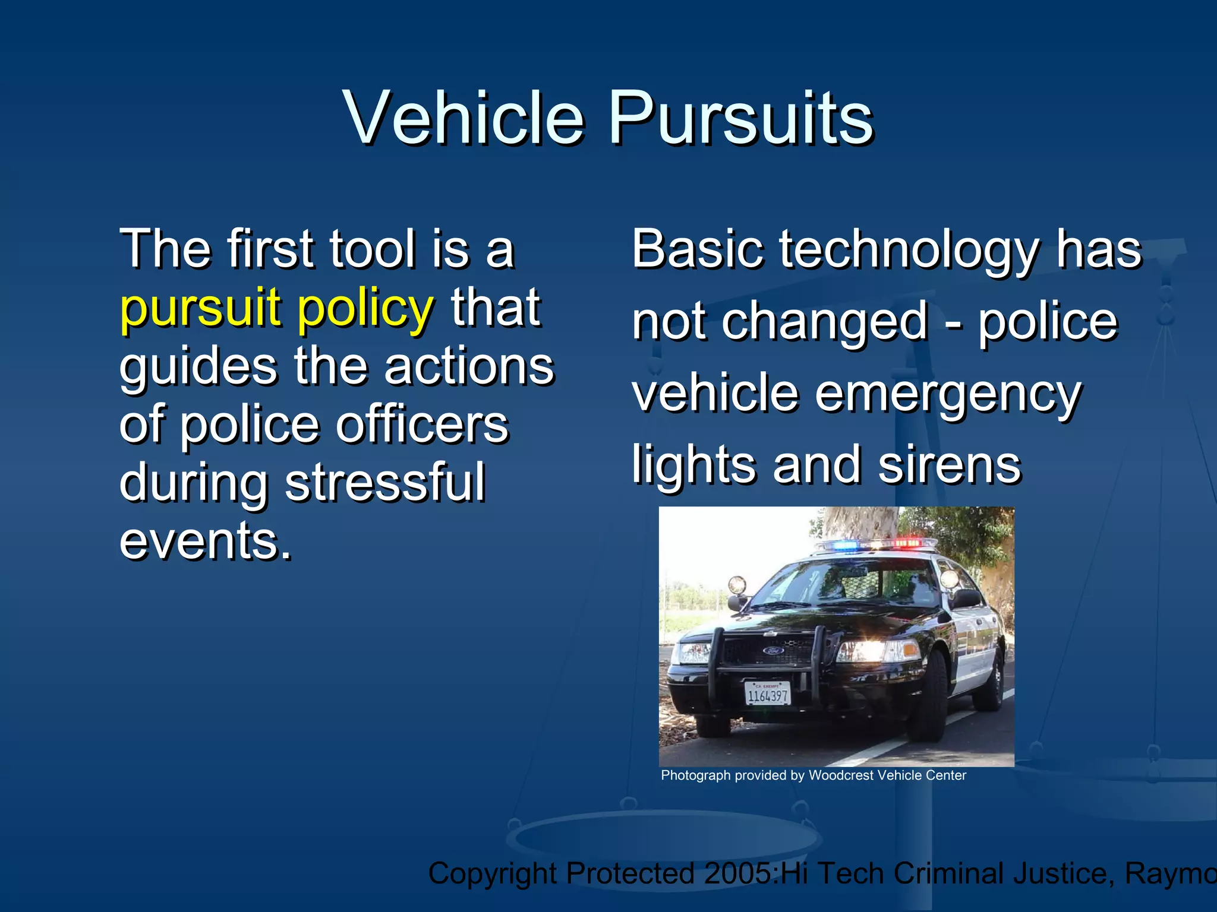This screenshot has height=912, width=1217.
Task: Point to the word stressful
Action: [385, 482]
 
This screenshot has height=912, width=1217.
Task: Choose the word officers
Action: [423, 425]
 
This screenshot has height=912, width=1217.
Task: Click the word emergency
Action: [948, 394]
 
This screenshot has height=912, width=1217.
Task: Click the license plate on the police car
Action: [768, 693]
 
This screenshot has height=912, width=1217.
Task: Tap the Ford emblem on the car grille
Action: [773, 651]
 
